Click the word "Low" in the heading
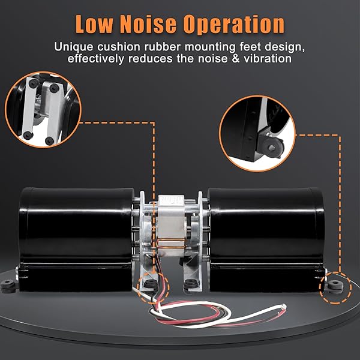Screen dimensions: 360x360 tap(94, 24)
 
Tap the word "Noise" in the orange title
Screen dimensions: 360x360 tap(148, 24)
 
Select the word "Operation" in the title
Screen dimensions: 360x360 tap(234, 25)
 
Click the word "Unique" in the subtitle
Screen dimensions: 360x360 tap(74, 47)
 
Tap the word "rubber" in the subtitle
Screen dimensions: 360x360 tap(163, 47)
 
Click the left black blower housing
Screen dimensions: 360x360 tap(76, 239)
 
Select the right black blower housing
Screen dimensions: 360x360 tap(266, 239)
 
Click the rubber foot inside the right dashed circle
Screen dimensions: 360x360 tap(335, 287)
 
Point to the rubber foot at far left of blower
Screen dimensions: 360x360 tap(8, 286)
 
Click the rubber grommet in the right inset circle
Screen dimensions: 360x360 tap(272, 147)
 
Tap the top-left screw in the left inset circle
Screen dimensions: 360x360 tap(34, 83)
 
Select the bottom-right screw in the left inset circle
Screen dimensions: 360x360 tap(49, 140)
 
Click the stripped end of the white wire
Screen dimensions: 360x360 tap(284, 306)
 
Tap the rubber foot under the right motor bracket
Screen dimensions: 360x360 tap(191, 284)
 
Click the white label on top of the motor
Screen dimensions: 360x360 tap(172, 199)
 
